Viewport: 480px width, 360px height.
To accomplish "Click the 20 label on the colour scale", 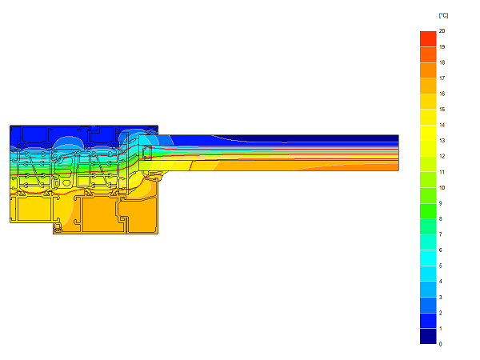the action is tap(442, 31).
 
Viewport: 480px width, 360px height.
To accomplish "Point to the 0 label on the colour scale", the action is tap(440, 344).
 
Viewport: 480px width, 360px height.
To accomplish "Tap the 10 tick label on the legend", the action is tap(442, 188).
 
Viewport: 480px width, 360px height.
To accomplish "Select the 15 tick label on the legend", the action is tap(442, 110).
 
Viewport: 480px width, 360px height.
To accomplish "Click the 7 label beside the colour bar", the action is tap(440, 234).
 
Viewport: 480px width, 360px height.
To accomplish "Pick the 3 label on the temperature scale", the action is tap(440, 298).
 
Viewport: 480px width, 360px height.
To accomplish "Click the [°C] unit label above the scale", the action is tap(443, 15).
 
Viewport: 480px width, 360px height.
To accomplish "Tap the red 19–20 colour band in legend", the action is tap(428, 39).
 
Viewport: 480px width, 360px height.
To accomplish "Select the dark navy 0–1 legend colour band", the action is tap(428, 337).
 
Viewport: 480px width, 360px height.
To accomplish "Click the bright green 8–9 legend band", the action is tap(428, 211).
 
